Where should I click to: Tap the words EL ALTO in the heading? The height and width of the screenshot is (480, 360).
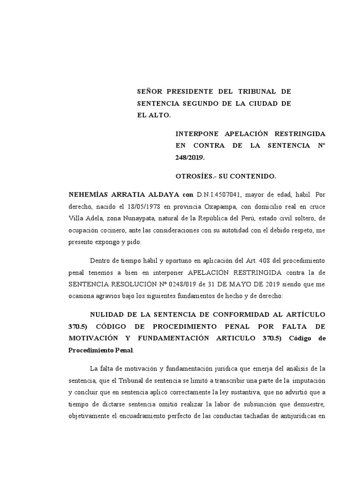154,114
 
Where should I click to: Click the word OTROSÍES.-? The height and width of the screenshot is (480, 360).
193,177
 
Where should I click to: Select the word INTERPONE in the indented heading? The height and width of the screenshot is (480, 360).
196,134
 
